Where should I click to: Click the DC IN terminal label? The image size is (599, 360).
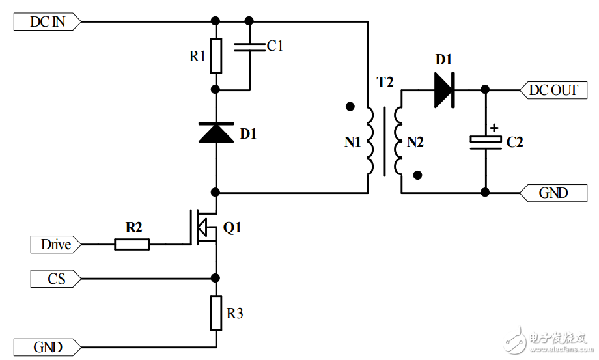48,21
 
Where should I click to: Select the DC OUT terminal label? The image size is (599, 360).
553,90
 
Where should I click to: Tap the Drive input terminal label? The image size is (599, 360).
55,245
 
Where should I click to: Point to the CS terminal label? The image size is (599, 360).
56,279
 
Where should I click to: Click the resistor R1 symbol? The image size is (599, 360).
216,55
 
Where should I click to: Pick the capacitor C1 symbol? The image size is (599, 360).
249,46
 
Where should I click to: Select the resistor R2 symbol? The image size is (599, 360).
132,245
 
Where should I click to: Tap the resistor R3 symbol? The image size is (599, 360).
216,312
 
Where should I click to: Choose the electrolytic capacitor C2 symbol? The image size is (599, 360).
486,141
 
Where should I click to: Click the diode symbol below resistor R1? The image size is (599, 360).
216,132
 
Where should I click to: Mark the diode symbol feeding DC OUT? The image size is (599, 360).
444,90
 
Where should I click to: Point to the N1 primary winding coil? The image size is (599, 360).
369,141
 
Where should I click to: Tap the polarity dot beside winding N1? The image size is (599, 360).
350,106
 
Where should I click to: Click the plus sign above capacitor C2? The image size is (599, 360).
494,128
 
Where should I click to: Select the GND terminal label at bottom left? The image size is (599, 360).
48,347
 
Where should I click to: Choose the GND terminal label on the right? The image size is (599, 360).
553,193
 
